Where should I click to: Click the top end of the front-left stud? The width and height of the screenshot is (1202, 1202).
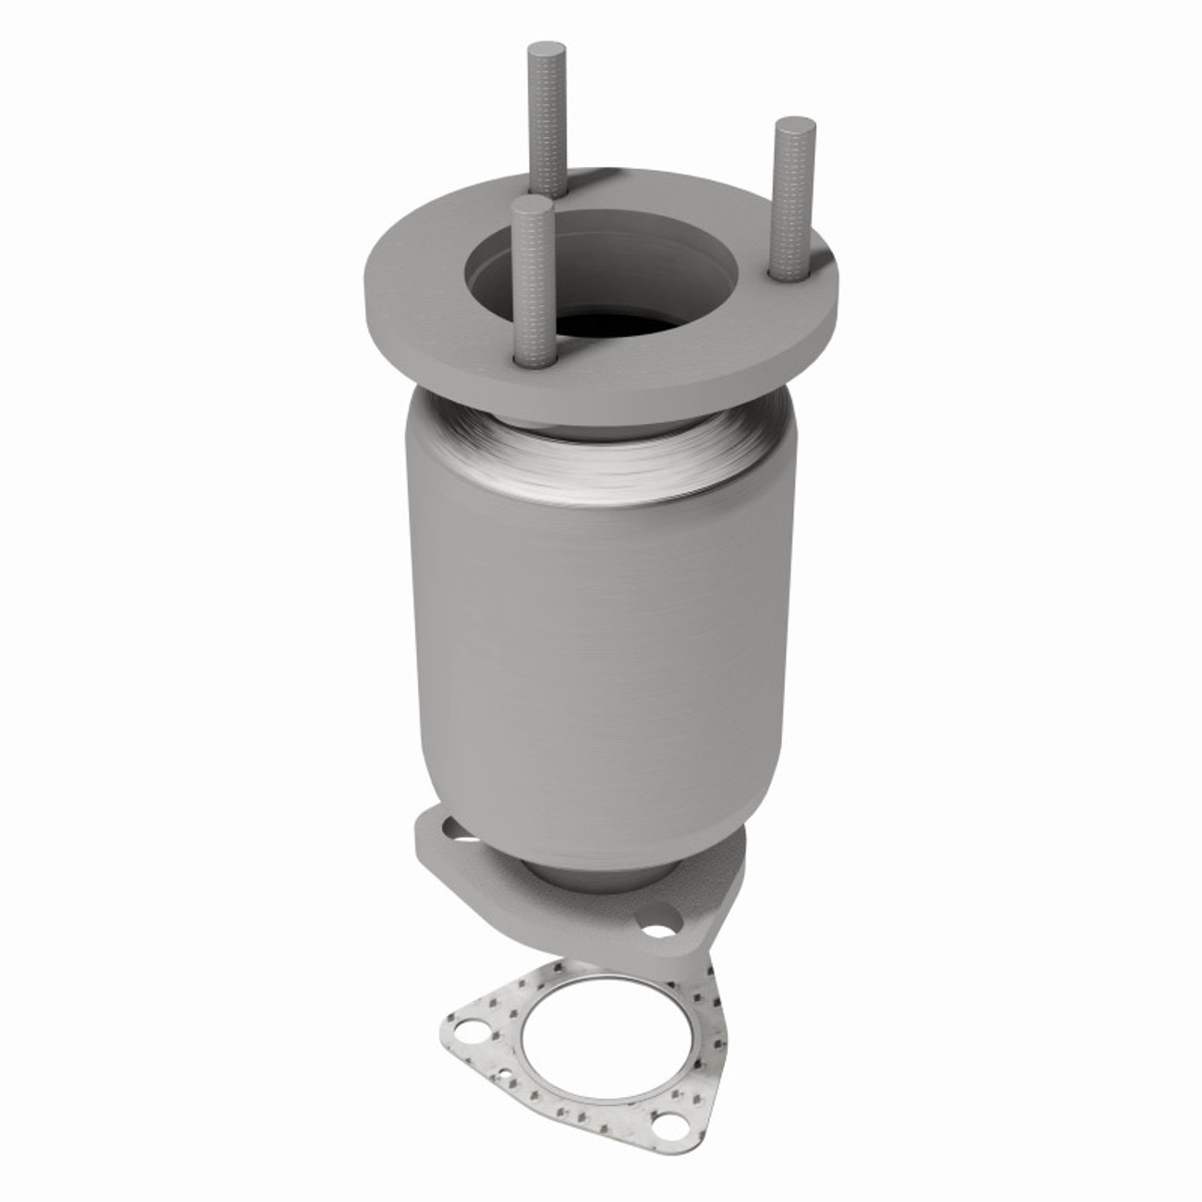[532, 204]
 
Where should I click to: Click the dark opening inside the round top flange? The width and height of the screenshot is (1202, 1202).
[610, 319]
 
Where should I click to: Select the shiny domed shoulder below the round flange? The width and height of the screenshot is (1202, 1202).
[601, 451]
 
